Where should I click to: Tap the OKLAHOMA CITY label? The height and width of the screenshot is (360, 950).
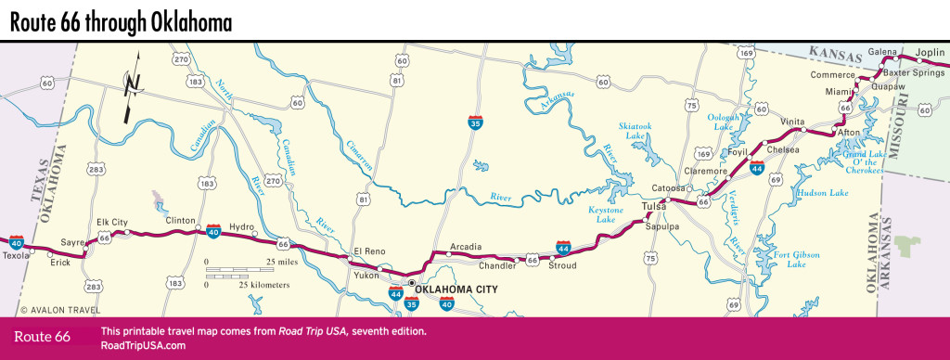coord(456,289)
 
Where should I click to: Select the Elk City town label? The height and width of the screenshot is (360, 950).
coord(112,223)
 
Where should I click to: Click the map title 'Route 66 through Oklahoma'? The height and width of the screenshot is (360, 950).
coord(121,19)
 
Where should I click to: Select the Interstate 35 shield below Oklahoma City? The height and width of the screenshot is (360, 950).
coord(412,303)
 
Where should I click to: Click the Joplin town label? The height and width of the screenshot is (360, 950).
coord(929,52)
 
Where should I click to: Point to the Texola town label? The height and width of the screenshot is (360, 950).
coord(17,255)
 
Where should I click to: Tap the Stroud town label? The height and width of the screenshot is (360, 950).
coord(561,265)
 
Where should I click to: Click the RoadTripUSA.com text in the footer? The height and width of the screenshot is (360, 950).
coord(143,345)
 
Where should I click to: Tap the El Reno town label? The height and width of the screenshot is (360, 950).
coord(367,251)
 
